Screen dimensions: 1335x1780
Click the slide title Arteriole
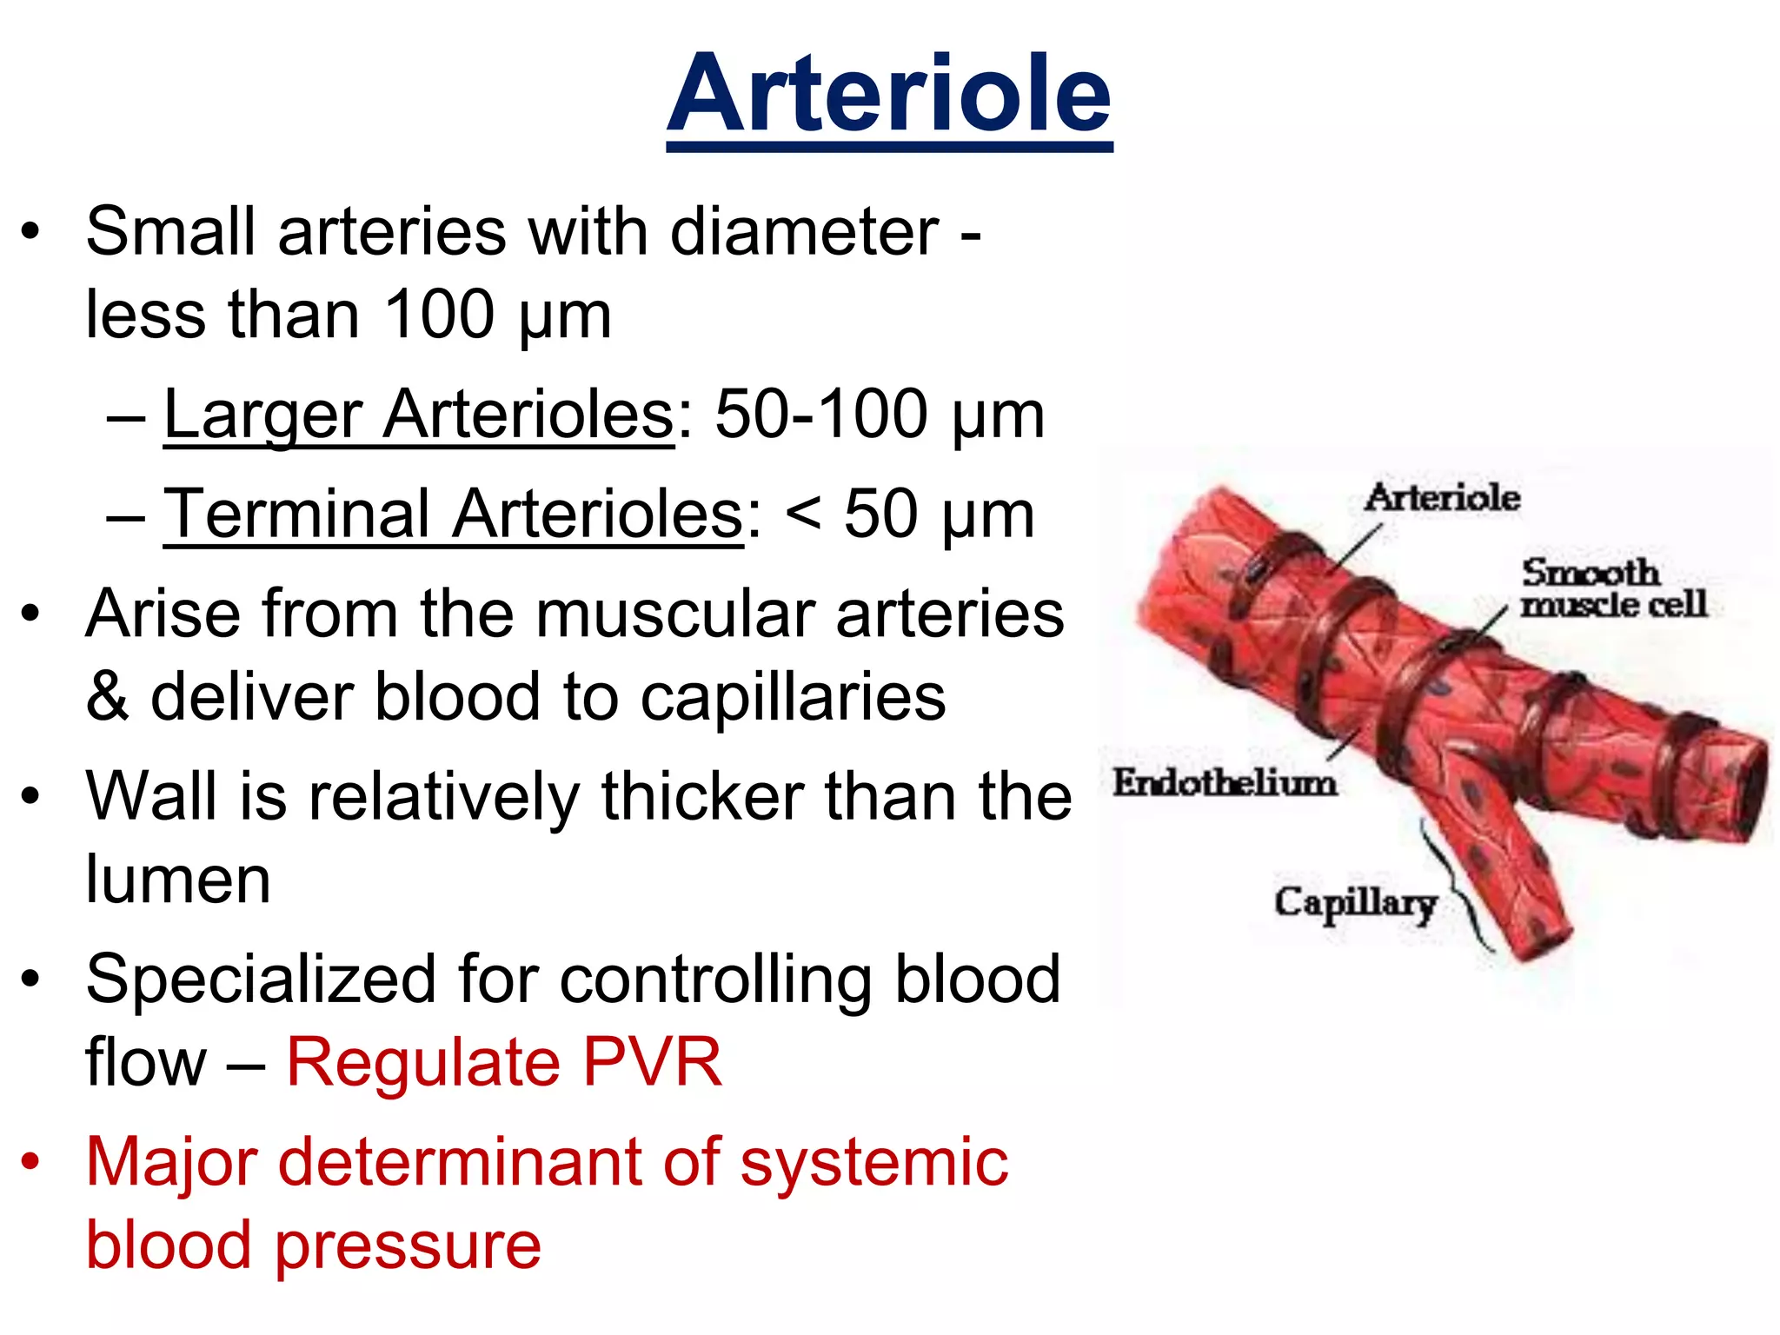[x=889, y=94]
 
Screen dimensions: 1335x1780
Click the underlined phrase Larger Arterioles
[x=419, y=415]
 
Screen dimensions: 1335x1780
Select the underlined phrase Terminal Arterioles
[x=454, y=515]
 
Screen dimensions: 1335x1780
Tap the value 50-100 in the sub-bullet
[x=821, y=415]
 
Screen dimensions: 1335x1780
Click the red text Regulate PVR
[x=504, y=1062]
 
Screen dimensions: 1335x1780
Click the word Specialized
[x=261, y=980]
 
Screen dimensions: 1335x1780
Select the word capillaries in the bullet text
[x=793, y=697]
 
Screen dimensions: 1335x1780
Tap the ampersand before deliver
[x=108, y=697]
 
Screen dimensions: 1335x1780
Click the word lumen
[x=178, y=880]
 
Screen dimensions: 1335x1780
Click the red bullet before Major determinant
[x=31, y=1162]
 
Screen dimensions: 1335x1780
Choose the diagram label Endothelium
[x=1225, y=782]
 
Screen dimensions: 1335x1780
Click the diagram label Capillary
[x=1355, y=903]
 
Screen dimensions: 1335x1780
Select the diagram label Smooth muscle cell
[x=1612, y=588]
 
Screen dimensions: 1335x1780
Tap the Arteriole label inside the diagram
[x=1442, y=498]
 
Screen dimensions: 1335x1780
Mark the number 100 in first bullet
[x=439, y=315]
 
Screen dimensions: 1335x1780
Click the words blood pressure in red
[x=313, y=1245]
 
